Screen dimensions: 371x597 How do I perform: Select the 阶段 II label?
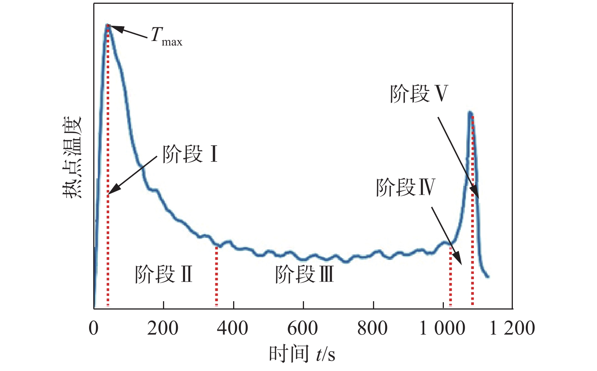pyautogui.click(x=164, y=274)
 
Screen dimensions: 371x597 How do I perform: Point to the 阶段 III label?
pyautogui.click(x=304, y=274)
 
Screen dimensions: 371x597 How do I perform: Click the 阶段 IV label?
pyautogui.click(x=405, y=187)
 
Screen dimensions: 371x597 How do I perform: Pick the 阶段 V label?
pyautogui.click(x=419, y=93)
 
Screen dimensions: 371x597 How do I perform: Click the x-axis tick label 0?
pyautogui.click(x=94, y=328)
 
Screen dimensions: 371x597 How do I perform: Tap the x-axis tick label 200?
pyautogui.click(x=163, y=328)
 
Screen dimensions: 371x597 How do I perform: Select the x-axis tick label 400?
pyautogui.click(x=233, y=328)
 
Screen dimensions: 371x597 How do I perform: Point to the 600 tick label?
pyautogui.click(x=303, y=328)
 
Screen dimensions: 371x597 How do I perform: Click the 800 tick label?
pyautogui.click(x=373, y=328)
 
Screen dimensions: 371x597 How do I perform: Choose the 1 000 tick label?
pyautogui.click(x=442, y=328)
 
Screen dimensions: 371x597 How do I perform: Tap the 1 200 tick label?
pyautogui.click(x=512, y=328)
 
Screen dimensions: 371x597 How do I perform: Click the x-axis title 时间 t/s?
pyautogui.click(x=302, y=354)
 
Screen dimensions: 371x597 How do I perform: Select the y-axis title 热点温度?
pyautogui.click(x=72, y=157)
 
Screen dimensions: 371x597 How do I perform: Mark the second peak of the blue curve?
pyautogui.click(x=470, y=113)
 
